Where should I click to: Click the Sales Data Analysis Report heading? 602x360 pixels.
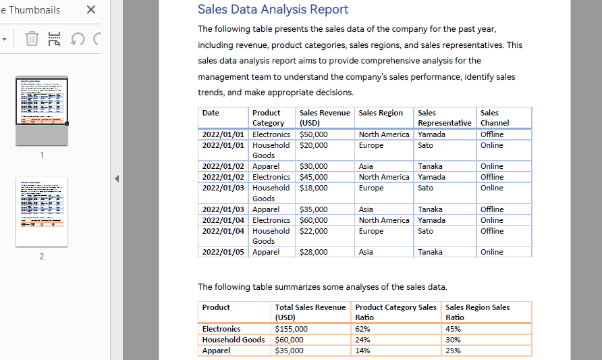point(273,9)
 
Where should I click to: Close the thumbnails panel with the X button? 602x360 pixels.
point(91,10)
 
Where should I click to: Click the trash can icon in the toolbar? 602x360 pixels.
point(32,38)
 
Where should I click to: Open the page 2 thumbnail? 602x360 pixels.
point(42,211)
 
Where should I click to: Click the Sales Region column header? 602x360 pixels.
point(381,113)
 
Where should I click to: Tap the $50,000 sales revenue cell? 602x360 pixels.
point(313,134)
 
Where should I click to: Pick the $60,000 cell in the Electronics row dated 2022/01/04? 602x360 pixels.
point(313,220)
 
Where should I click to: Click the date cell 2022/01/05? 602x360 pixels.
point(223,252)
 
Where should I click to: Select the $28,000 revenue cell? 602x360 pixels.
point(313,252)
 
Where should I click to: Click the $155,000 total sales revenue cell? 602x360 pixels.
point(291,329)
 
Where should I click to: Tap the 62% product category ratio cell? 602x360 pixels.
point(362,329)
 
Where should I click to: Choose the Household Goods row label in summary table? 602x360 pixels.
point(234,340)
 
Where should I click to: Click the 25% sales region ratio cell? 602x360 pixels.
point(453,351)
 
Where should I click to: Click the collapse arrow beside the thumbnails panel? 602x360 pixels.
point(116,179)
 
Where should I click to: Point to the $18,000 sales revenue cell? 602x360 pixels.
point(313,188)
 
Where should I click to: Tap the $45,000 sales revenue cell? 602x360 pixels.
point(313,177)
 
